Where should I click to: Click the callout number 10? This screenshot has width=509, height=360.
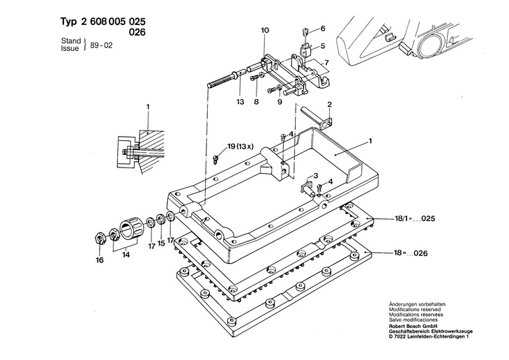[264, 30]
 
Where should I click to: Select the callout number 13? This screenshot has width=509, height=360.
[239, 102]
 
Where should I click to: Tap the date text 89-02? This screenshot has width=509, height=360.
[102, 50]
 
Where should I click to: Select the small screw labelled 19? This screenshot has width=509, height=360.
[216, 158]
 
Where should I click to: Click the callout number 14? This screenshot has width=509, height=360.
[126, 255]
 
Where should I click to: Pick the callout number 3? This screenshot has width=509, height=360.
[315, 175]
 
